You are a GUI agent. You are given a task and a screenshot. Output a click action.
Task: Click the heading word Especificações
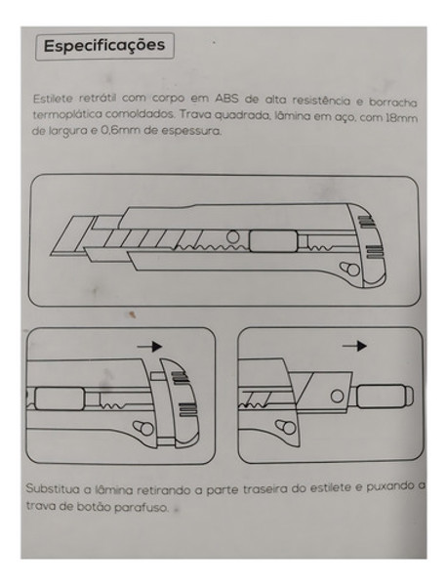(104, 46)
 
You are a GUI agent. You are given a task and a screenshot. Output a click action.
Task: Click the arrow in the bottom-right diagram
(356, 345)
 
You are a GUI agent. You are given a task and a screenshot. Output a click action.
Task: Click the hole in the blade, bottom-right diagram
(335, 395)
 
